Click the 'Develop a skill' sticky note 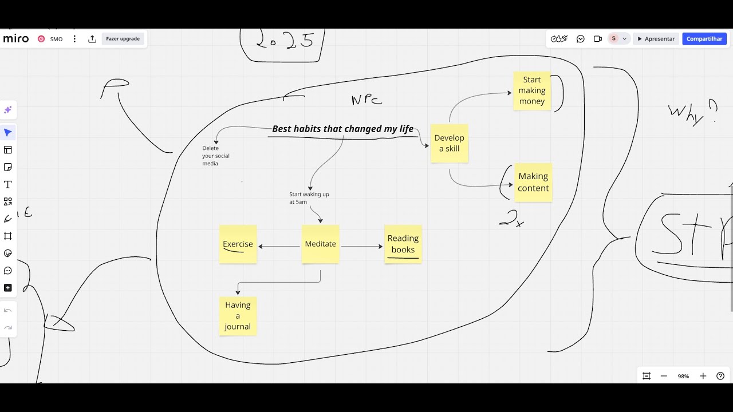tap(450, 143)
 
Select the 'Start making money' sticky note tap(532, 90)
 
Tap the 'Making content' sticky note tap(533, 182)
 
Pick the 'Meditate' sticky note tap(320, 244)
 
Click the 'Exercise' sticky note tap(238, 244)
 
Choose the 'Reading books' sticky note tap(403, 244)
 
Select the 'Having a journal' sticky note tap(238, 316)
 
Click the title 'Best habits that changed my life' tap(342, 129)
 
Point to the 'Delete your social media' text tap(215, 156)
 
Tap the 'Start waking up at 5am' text tap(309, 198)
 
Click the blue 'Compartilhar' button tap(704, 39)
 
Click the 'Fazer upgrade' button tap(123, 39)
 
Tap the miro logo tap(15, 39)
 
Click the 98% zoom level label tap(683, 376)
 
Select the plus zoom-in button tap(703, 376)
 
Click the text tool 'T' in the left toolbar tap(8, 184)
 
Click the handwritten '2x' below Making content tap(511, 219)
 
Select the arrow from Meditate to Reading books tap(361, 247)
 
